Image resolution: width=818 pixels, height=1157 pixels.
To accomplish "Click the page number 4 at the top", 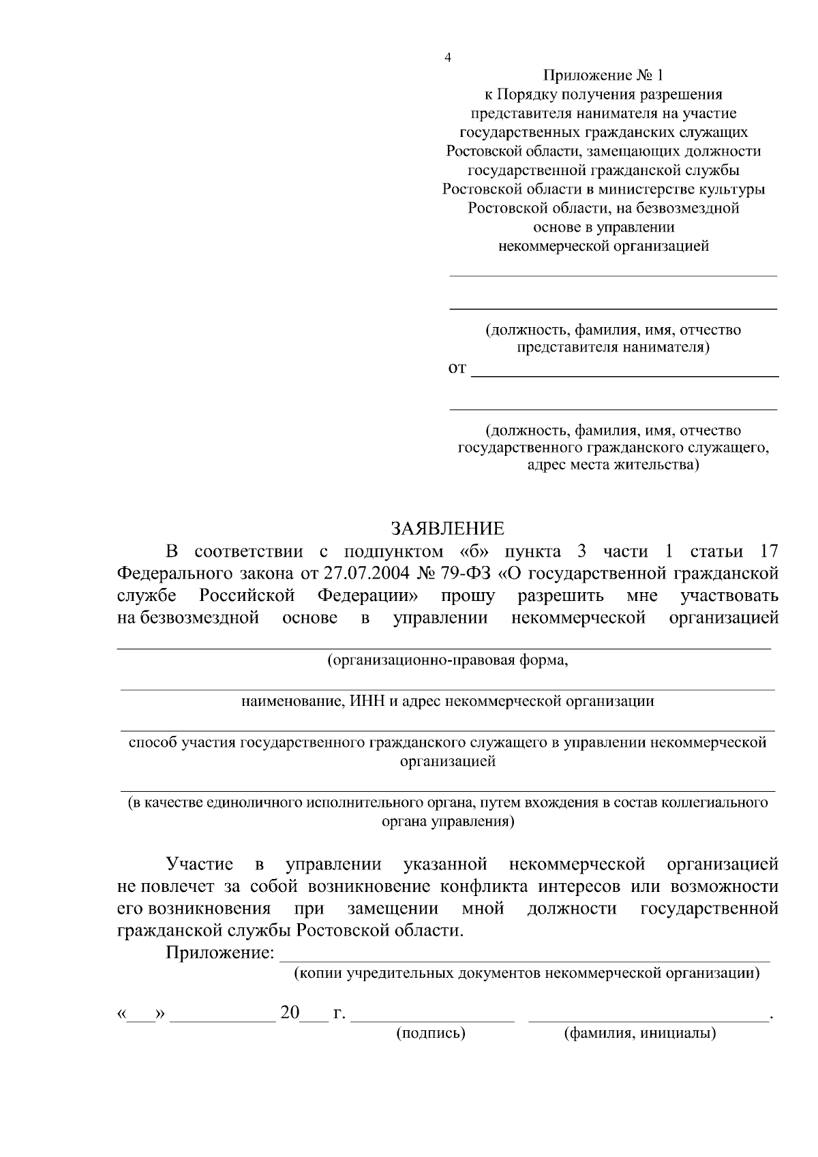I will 447,57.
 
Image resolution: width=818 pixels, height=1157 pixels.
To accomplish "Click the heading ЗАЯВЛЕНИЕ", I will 447,529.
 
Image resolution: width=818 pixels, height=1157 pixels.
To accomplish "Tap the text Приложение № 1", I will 603,75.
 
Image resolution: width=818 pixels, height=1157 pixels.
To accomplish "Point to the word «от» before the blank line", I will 457,369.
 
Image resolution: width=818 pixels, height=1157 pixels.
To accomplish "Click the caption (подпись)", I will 431,1033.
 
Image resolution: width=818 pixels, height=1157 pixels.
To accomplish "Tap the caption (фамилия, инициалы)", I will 639,1033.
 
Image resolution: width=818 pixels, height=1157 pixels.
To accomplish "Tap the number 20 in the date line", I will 290,1013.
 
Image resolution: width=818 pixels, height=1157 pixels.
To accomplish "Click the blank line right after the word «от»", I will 625,375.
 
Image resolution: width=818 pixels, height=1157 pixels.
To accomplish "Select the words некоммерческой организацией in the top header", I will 604,247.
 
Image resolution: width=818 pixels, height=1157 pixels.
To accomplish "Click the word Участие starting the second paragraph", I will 200,865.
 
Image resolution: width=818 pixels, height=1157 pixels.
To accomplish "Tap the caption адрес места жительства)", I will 613,465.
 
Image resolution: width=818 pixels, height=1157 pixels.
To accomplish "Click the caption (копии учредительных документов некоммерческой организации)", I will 526,973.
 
